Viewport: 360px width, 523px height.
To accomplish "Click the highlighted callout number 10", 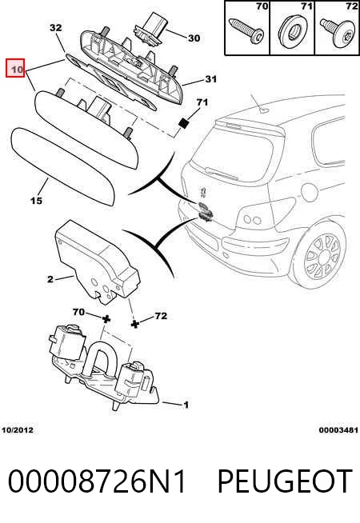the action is (x=16, y=68).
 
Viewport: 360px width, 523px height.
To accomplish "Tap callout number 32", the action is (x=56, y=27).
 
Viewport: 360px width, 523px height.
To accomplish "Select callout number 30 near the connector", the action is (x=194, y=38).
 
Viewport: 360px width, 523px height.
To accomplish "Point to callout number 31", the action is (x=210, y=79).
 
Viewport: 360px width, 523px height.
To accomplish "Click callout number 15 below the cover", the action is (x=36, y=201).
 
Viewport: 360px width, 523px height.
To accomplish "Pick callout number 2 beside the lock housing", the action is (x=50, y=279).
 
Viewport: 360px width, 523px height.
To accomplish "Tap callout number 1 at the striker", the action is (x=186, y=405).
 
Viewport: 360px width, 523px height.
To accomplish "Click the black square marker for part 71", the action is (x=184, y=123).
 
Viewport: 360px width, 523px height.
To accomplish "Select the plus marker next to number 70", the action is (x=106, y=319).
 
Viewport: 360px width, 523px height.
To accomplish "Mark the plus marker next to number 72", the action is (x=134, y=324).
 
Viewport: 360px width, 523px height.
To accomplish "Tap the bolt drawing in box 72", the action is (x=338, y=33).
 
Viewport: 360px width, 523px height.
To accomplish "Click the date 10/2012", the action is (x=18, y=430).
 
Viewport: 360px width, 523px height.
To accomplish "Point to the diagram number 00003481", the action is (x=338, y=430).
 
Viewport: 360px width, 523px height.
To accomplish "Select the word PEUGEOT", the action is (x=285, y=481).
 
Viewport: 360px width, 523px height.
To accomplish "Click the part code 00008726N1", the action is (x=97, y=481).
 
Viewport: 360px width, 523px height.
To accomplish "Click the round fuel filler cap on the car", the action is (x=310, y=192).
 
